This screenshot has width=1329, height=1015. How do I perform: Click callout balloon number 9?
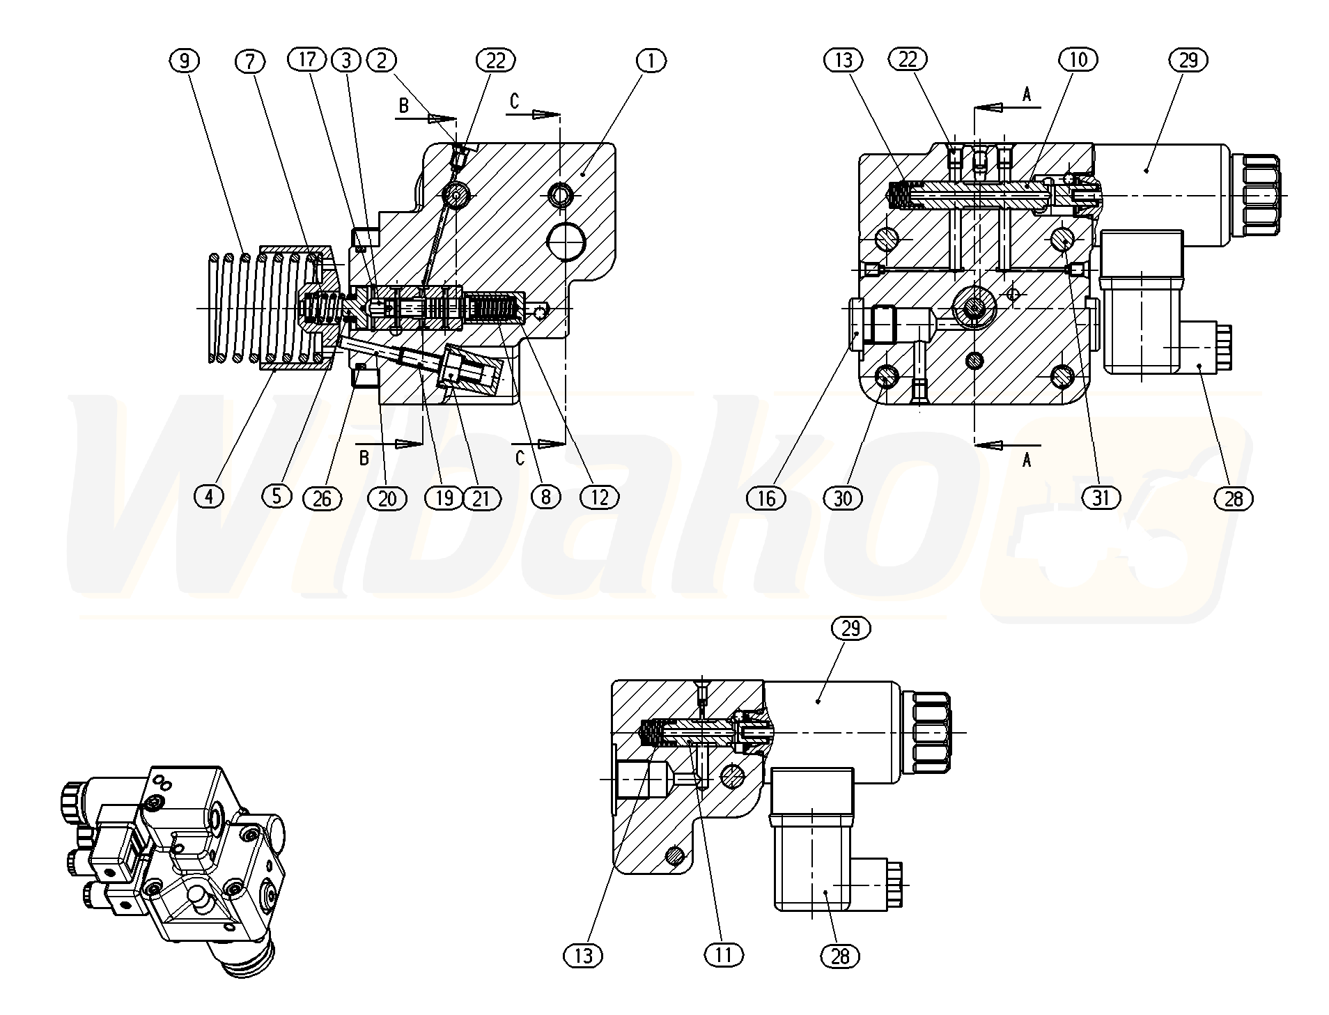(x=184, y=61)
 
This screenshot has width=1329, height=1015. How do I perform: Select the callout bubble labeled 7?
(x=250, y=61)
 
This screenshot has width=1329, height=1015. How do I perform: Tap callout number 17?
(x=307, y=60)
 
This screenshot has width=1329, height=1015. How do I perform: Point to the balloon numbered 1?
(x=651, y=61)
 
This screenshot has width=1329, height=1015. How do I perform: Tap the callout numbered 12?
(x=599, y=497)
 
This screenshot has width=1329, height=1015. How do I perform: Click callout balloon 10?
(x=1078, y=59)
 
